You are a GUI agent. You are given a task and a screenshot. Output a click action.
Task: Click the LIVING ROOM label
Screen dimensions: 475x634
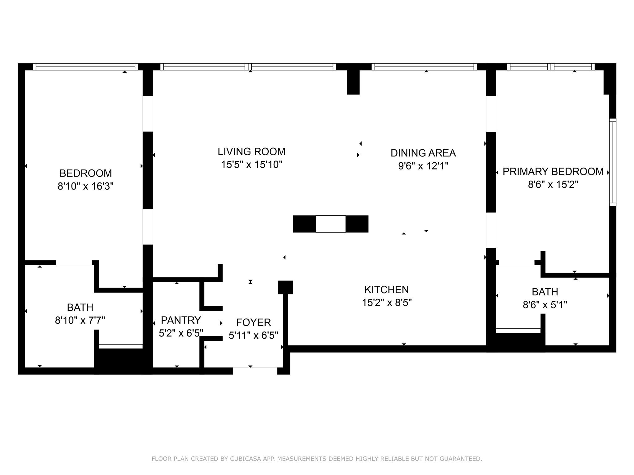pos(251,152)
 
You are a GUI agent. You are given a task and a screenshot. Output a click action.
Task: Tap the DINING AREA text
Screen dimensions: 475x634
pos(423,153)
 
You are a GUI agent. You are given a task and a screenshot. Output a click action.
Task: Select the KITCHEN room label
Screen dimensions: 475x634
pos(386,290)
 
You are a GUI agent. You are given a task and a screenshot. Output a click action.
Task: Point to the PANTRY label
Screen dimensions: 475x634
pos(181,320)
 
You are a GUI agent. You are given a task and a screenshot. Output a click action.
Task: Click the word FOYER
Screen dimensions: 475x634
pos(253,323)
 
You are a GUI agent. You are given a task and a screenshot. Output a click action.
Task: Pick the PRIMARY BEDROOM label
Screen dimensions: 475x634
pos(553,172)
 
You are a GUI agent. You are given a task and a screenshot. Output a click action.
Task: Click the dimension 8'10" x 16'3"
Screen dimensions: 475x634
pos(85,186)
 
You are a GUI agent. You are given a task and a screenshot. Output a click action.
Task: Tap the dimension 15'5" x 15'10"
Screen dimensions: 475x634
pos(251,165)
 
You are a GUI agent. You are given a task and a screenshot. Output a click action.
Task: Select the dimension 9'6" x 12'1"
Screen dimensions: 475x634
pos(423,166)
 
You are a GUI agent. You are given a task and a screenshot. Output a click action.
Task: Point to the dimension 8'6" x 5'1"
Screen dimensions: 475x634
pos(545,305)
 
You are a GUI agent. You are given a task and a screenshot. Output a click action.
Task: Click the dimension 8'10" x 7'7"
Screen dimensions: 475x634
pos(80,320)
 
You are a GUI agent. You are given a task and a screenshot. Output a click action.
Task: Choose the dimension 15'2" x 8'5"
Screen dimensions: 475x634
pos(386,303)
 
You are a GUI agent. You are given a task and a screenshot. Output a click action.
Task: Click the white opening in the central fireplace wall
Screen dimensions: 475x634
pos(331,224)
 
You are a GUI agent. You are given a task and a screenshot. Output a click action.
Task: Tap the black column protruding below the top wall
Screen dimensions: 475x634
pos(353,82)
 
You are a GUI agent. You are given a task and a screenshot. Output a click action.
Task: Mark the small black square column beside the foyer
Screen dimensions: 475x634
pos(285,287)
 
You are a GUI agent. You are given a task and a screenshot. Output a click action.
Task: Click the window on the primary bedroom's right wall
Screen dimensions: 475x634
pos(613,162)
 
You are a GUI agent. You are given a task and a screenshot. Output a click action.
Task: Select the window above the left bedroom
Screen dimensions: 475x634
pos(85,67)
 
